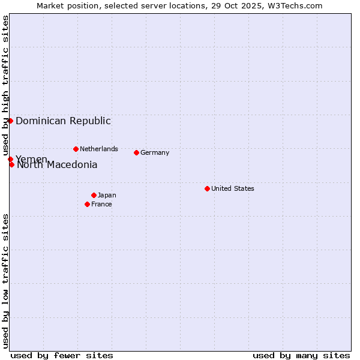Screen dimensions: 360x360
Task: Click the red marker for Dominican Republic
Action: (10, 121)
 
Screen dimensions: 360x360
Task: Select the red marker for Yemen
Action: (10, 159)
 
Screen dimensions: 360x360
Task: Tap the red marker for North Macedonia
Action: (11, 164)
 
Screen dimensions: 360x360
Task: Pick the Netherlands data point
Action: (76, 149)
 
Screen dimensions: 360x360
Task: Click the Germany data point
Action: (136, 152)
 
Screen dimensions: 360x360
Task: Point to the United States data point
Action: (207, 188)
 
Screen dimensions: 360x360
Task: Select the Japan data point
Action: (94, 195)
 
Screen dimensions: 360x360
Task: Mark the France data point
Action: (87, 204)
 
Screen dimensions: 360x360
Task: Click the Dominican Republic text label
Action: (63, 121)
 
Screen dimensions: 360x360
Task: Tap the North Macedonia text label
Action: (57, 165)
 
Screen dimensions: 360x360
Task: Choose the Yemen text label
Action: (31, 159)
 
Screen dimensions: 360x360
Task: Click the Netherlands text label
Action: (99, 149)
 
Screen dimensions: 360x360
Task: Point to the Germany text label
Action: (155, 152)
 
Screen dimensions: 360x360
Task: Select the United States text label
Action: (233, 188)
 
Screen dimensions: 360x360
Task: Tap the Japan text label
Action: (107, 195)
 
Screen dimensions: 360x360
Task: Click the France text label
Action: (101, 204)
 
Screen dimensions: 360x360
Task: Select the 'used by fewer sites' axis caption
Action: (62, 355)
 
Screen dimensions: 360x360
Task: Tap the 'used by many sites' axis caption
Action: (301, 355)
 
